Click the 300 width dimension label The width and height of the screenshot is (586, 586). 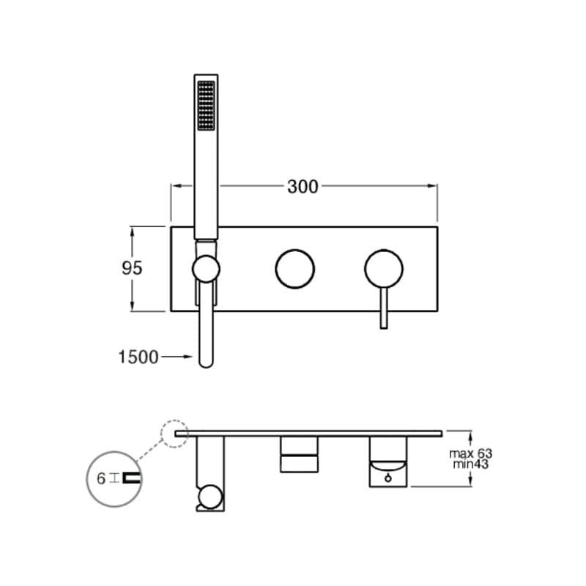(303, 187)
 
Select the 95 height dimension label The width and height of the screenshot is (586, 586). (132, 268)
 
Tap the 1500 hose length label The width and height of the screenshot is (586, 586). (138, 357)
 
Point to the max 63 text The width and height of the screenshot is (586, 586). (470, 453)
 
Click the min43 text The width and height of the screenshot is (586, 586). (470, 464)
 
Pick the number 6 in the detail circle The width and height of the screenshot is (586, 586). (101, 478)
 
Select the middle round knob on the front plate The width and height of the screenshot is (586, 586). (294, 269)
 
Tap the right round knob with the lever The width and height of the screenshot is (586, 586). (384, 269)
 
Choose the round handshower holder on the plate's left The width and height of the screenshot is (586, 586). (206, 269)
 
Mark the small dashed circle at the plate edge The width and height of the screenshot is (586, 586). (175, 433)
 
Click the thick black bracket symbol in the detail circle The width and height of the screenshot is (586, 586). (132, 478)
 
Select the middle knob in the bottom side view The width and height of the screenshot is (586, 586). (299, 454)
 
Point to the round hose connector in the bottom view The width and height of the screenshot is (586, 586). (209, 497)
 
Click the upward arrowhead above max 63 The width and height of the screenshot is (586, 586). (470, 434)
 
